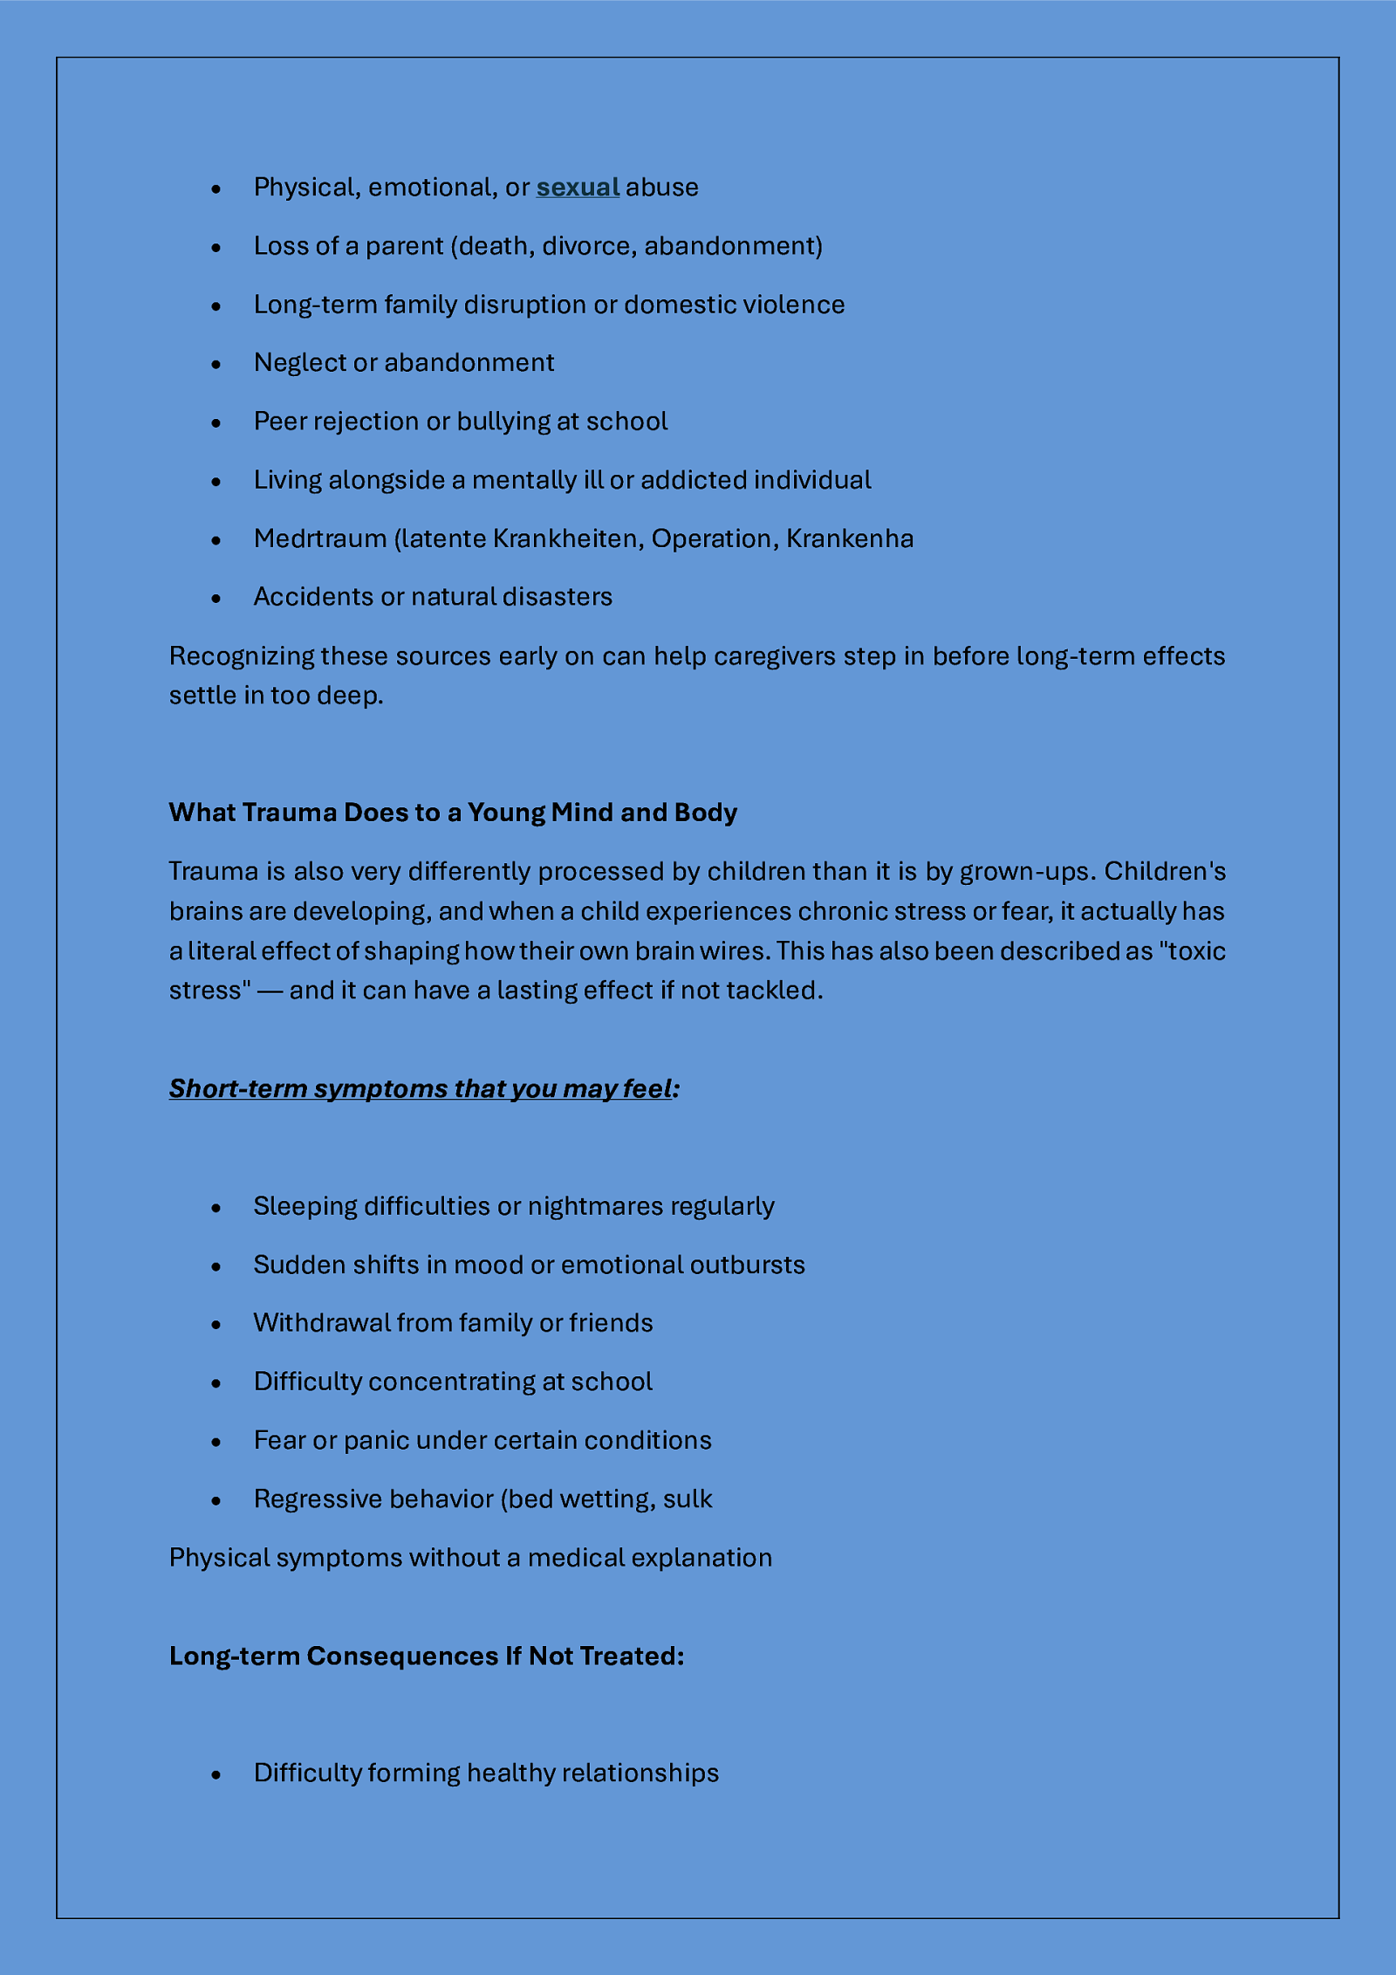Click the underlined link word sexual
578,188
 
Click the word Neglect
299,363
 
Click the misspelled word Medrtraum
320,538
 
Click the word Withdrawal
322,1323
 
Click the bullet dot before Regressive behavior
216,1500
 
